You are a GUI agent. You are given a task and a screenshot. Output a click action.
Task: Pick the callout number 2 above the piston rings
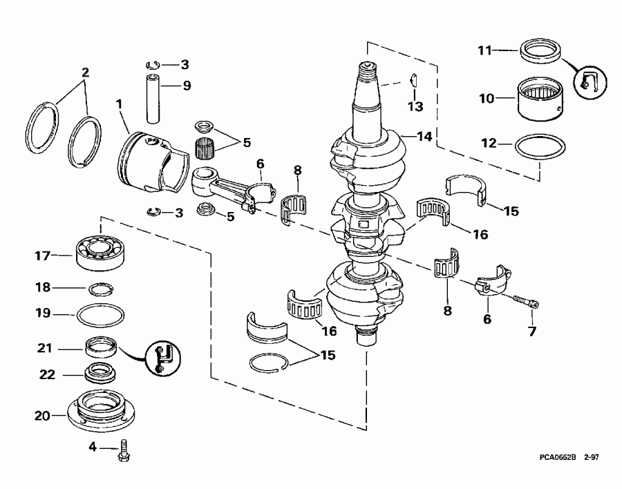click(x=85, y=71)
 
